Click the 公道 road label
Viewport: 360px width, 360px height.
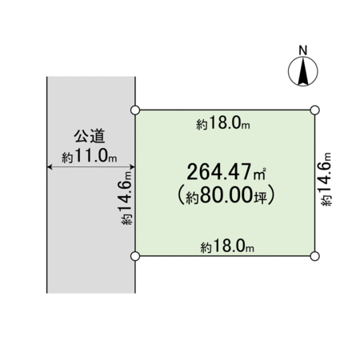(x=90, y=136)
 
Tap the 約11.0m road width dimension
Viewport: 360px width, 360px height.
(x=90, y=155)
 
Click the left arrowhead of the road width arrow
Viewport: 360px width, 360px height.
(x=49, y=167)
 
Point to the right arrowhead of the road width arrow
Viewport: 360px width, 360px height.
(x=132, y=167)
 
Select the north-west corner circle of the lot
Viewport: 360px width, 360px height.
(x=135, y=110)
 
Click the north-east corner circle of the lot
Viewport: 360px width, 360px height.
(x=315, y=110)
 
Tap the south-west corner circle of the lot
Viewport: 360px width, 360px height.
(x=135, y=256)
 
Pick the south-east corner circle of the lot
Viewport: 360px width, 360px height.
(x=315, y=256)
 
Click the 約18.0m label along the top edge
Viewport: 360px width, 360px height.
(x=223, y=124)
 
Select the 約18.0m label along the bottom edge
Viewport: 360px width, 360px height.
(x=227, y=247)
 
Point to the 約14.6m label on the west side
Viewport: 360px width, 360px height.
(x=127, y=198)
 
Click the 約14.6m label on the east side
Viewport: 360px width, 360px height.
(x=325, y=179)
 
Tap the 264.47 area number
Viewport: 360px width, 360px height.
(x=219, y=172)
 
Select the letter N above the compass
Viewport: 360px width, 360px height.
(x=303, y=50)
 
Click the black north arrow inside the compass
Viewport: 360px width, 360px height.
(x=303, y=71)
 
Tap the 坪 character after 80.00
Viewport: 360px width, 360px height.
(x=259, y=197)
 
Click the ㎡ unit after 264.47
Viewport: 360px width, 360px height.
(x=259, y=174)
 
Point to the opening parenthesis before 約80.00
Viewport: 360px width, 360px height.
(x=182, y=195)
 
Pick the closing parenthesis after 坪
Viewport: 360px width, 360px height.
(x=271, y=195)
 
